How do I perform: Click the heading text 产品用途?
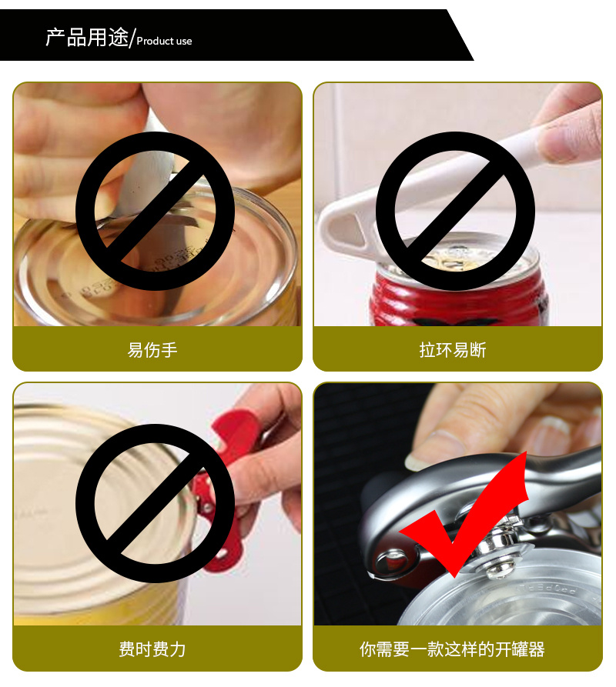tap(87, 37)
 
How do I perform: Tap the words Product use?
tap(165, 42)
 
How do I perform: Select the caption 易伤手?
tap(152, 349)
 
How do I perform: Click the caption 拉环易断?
tap(453, 349)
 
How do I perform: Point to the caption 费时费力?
tap(152, 649)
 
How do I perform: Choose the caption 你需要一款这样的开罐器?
tap(452, 649)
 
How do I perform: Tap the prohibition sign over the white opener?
tap(455, 211)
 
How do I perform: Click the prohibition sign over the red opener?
tap(155, 503)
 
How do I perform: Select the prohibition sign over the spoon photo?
tap(155, 211)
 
